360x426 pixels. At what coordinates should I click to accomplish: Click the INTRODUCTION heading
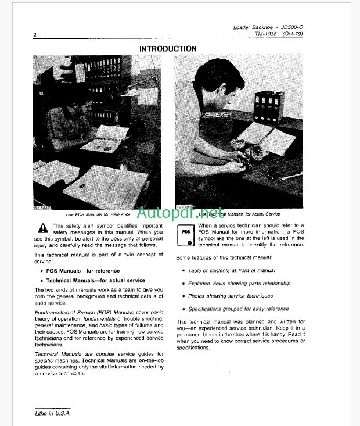point(168,49)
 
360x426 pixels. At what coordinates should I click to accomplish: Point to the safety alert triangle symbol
point(42,227)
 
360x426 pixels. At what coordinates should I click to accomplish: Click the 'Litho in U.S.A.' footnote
point(52,412)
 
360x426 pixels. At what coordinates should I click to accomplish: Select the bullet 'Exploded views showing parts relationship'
point(238,283)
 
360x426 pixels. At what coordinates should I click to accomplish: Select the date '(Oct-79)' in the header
point(296,34)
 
